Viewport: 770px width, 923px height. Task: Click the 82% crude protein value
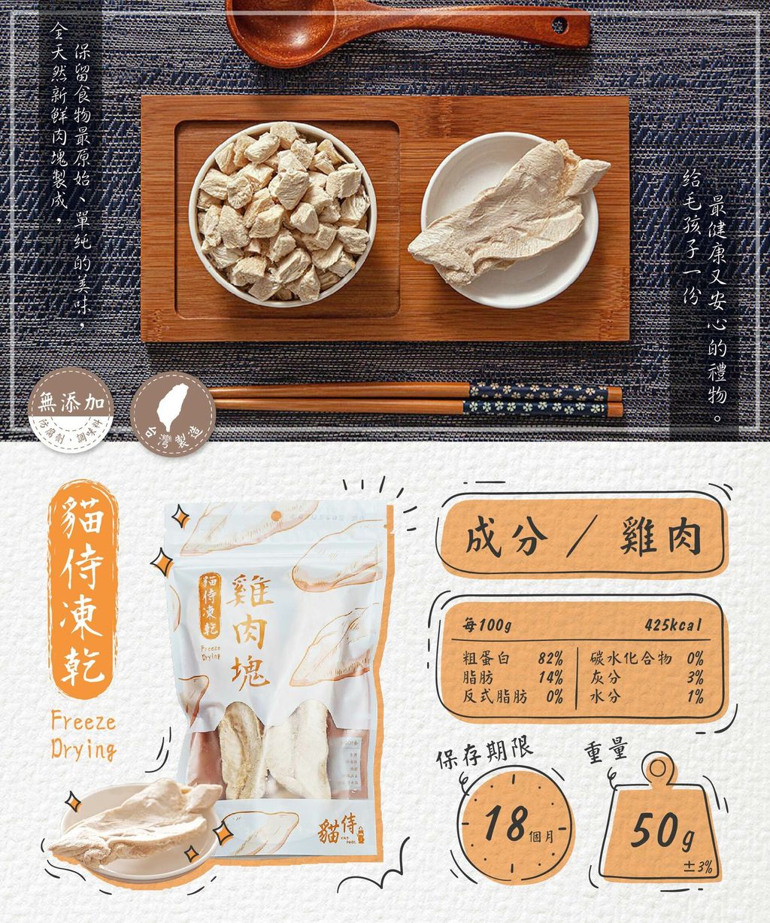[x=550, y=659]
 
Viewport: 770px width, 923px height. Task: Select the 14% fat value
[x=550, y=678]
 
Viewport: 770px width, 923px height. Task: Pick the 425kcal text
[x=672, y=626]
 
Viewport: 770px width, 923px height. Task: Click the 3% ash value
[x=695, y=678]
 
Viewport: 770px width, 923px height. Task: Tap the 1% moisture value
[x=695, y=697]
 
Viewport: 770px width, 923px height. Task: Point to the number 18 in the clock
[x=505, y=823]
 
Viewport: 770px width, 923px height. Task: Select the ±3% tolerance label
[x=698, y=867]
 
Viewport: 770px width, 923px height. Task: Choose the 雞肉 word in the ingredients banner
[x=660, y=539]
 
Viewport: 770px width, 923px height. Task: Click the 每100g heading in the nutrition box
[x=487, y=626]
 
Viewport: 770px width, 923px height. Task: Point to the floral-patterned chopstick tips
[x=538, y=399]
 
